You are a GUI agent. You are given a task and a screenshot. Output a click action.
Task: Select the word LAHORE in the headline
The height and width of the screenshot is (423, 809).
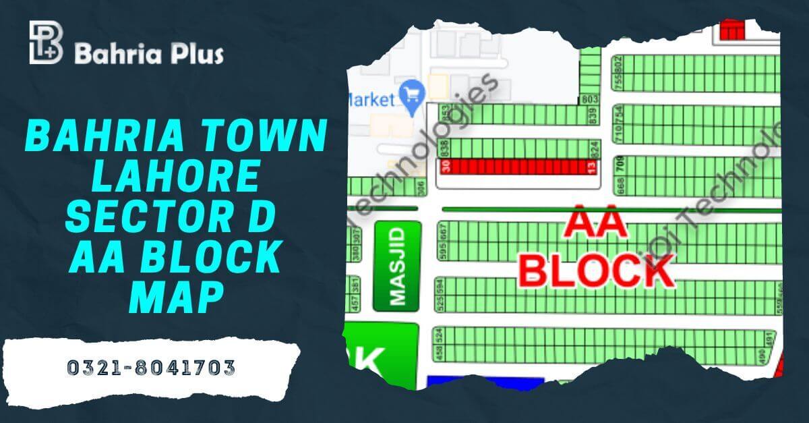(176, 177)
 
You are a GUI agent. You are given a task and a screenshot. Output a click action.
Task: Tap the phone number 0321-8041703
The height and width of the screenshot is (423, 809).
(151, 368)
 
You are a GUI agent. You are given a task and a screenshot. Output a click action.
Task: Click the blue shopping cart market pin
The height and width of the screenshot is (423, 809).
(411, 94)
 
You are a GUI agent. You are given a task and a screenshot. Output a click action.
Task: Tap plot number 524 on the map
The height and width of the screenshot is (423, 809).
(439, 334)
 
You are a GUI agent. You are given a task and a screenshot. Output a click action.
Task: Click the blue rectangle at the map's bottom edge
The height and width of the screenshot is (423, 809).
(485, 383)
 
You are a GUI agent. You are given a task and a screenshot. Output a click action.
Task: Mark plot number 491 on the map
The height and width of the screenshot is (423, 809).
(769, 337)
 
